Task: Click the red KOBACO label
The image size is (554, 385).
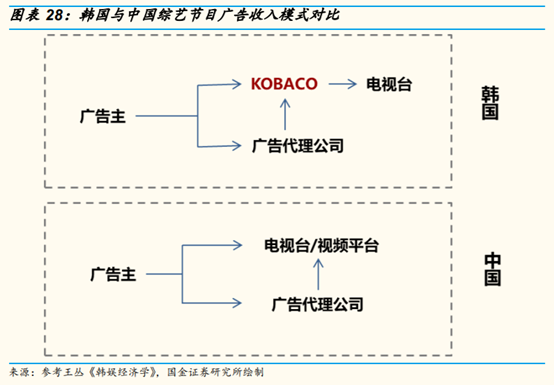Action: pyautogui.click(x=285, y=84)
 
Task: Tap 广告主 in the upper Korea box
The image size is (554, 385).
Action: pyautogui.click(x=103, y=115)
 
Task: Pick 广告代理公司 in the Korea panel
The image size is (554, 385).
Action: pyautogui.click(x=298, y=146)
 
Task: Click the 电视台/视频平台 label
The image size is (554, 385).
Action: pyautogui.click(x=321, y=244)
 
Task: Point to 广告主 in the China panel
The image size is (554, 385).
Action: pyautogui.click(x=113, y=272)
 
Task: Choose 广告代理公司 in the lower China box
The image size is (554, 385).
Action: pyautogui.click(x=318, y=302)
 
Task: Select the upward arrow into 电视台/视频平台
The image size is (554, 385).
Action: pyautogui.click(x=318, y=272)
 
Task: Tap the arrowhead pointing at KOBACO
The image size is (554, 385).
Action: pyautogui.click(x=240, y=84)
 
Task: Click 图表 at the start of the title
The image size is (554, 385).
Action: pyautogui.click(x=23, y=14)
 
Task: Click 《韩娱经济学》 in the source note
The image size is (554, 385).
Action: pyautogui.click(x=123, y=372)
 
